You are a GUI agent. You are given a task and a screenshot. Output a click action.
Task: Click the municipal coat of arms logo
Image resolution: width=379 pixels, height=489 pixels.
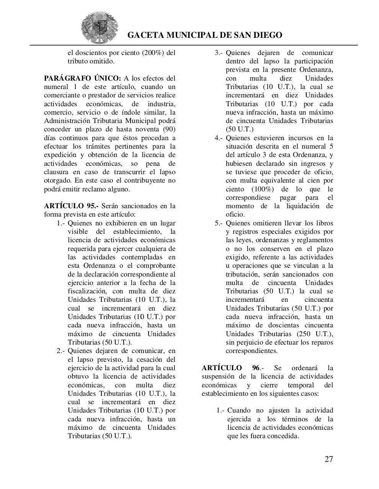[100, 28]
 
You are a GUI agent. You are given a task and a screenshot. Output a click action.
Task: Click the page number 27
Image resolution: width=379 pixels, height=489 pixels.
[328, 459]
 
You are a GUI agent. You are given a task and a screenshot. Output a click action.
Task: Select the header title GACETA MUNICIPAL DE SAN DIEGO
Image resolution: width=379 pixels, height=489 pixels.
[204, 35]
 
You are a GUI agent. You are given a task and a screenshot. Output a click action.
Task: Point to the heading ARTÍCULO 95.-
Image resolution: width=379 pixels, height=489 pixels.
[71, 206]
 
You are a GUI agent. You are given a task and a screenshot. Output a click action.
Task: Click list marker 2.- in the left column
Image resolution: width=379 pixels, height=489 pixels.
[61, 351]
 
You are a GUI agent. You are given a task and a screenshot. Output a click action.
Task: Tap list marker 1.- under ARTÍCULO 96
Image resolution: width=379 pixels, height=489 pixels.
[221, 410]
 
